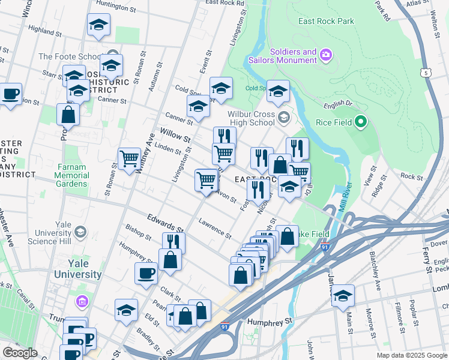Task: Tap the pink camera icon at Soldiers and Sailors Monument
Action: click(x=326, y=55)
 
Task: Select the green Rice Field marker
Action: click(x=360, y=122)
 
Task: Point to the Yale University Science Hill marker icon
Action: click(x=79, y=232)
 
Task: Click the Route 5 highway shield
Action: click(x=426, y=73)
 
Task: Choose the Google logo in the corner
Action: click(x=20, y=352)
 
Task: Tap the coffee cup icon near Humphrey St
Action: click(x=146, y=274)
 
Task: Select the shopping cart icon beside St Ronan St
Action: click(x=129, y=158)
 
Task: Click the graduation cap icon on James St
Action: click(x=343, y=295)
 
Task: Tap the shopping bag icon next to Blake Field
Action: click(x=288, y=236)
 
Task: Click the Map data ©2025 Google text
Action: click(x=411, y=355)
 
